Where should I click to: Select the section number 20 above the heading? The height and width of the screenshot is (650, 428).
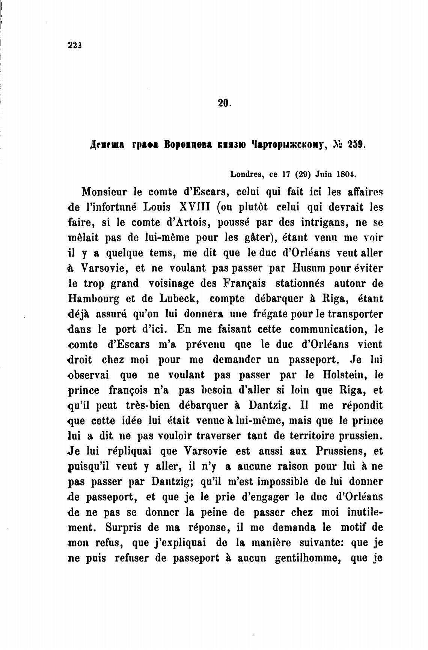coord(224,103)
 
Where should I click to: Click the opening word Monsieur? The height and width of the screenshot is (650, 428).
coord(105,192)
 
